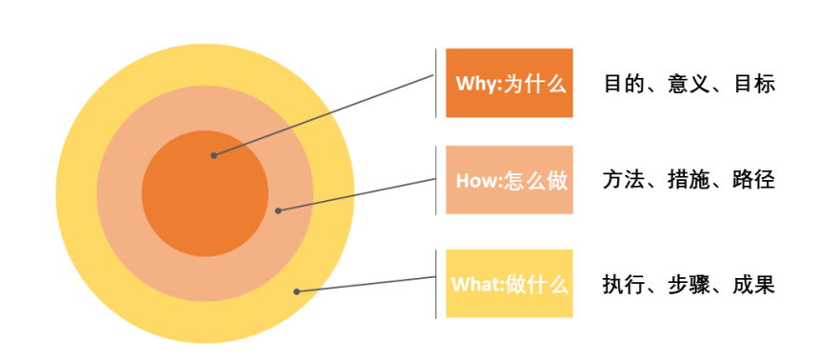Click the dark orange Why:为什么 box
[509, 83]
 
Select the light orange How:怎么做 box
[509, 180]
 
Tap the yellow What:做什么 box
[509, 283]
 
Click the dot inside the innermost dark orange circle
[213, 155]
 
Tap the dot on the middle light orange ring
[277, 210]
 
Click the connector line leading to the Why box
[324, 115]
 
